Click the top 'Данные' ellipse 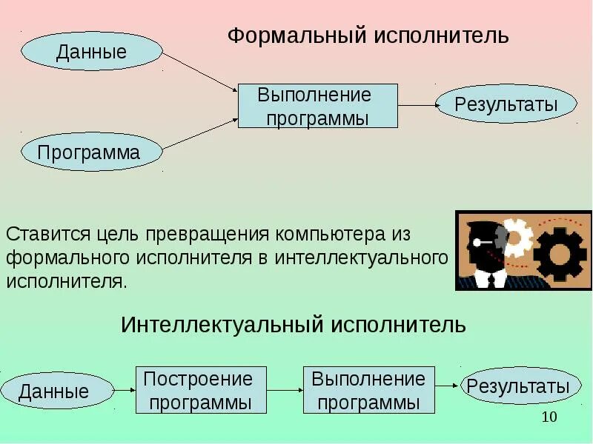point(91,51)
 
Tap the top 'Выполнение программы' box point(317,106)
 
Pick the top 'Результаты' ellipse point(506,104)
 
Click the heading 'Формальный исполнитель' point(368,36)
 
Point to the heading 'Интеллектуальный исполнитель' point(294,324)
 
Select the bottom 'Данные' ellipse point(55,391)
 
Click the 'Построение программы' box point(198,391)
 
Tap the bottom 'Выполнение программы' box point(368,391)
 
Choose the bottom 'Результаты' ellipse point(517,386)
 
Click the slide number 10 point(549,417)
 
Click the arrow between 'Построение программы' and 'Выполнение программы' point(284,390)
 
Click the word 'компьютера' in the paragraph point(331,235)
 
